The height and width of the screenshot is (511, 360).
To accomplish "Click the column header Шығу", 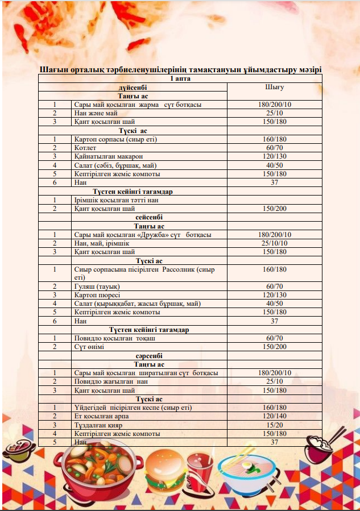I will pyautogui.click(x=274, y=88).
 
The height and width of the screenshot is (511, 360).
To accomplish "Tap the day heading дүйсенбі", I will pyautogui.click(x=133, y=88).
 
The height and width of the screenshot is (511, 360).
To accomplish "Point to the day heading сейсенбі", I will pyautogui.click(x=149, y=217).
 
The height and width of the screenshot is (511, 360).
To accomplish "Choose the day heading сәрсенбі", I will pyautogui.click(x=149, y=356).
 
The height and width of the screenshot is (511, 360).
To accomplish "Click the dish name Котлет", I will pyautogui.click(x=85, y=148).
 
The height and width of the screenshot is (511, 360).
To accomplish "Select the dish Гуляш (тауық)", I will pyautogui.click(x=97, y=286).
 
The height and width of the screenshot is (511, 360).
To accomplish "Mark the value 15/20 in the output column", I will pyautogui.click(x=274, y=425).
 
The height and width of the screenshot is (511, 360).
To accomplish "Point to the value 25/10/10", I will pyautogui.click(x=274, y=243).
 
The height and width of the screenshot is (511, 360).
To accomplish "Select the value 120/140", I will pyautogui.click(x=274, y=416).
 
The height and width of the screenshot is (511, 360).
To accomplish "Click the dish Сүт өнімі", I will pyautogui.click(x=93, y=347).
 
